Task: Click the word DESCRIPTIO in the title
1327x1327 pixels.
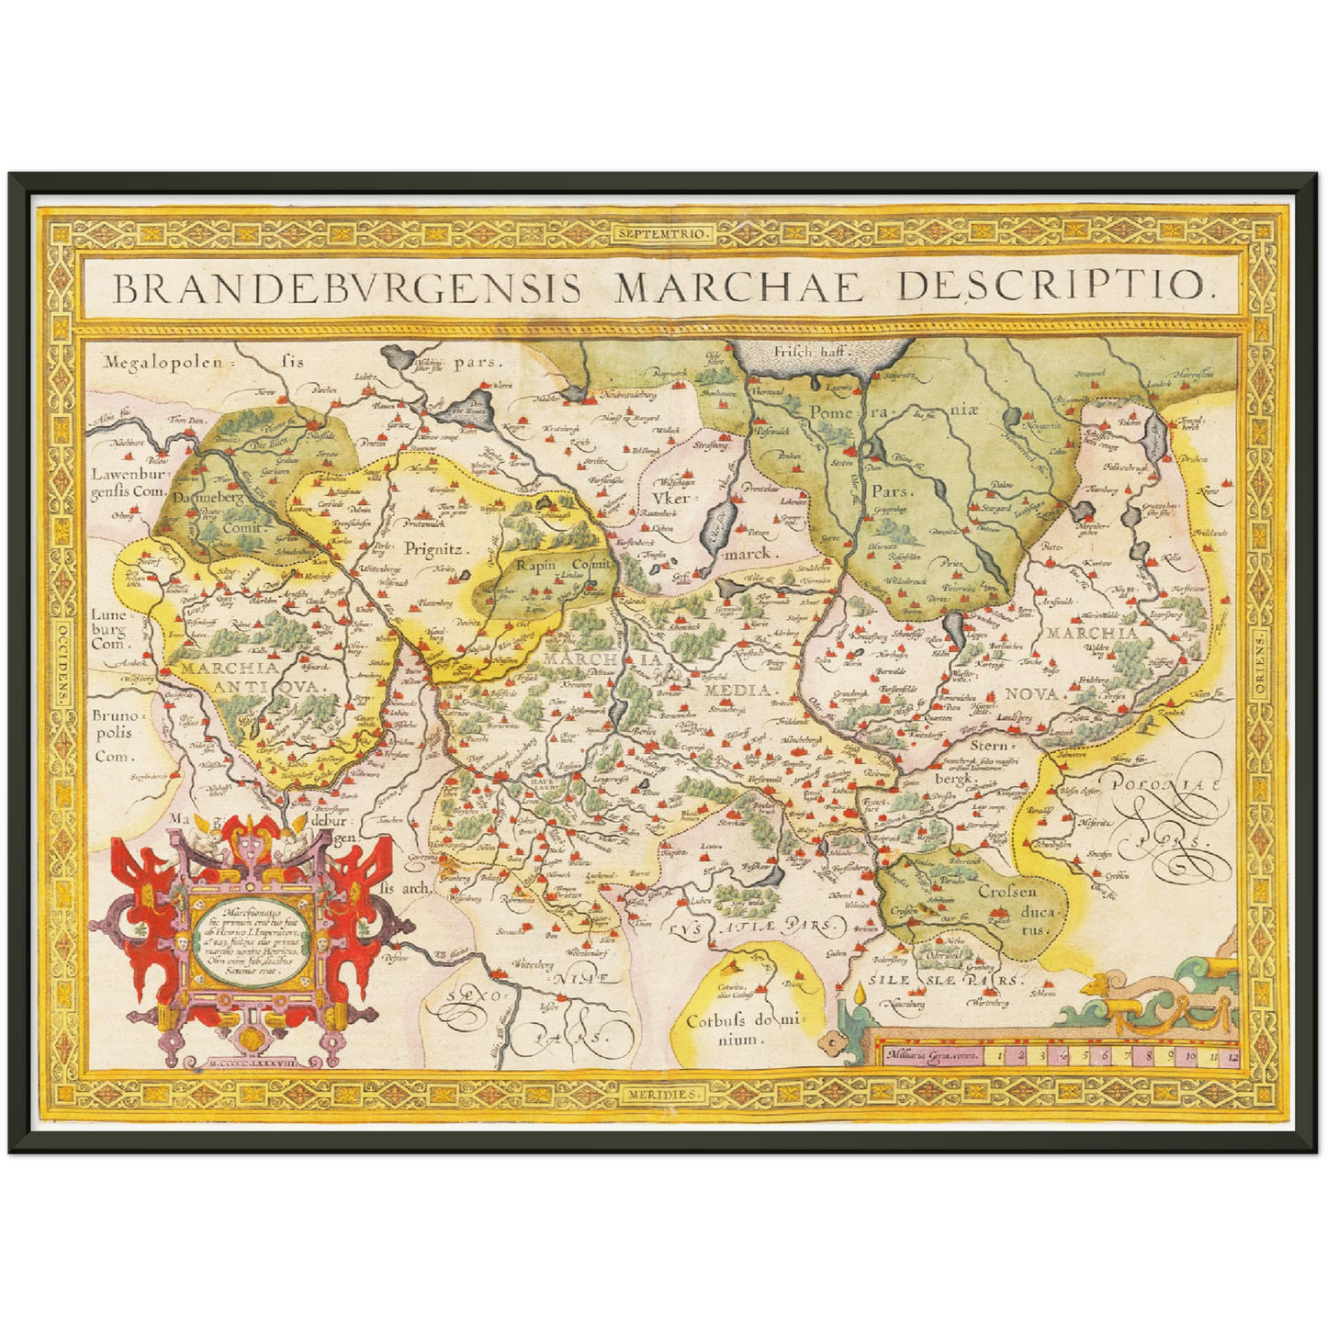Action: pos(1055,287)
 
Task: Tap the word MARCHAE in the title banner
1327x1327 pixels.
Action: pos(739,287)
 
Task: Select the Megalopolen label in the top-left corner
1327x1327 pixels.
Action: pos(163,362)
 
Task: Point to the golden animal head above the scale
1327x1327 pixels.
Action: pos(1099,987)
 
